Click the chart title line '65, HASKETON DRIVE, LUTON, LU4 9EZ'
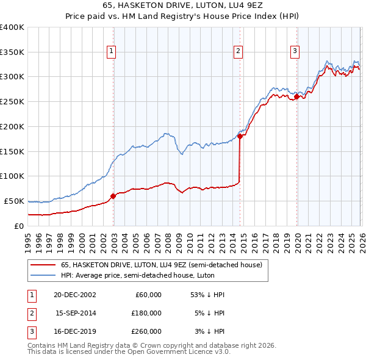[x=183, y=6]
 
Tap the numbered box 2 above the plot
[x=239, y=52]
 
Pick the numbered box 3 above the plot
[x=295, y=52]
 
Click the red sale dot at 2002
[x=113, y=196]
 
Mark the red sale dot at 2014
[x=240, y=137]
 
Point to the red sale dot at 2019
[x=296, y=96]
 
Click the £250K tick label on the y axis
[x=12, y=102]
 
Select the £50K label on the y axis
[x=14, y=201]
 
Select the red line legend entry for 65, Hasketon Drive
[x=161, y=265]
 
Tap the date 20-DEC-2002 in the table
[x=75, y=295]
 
